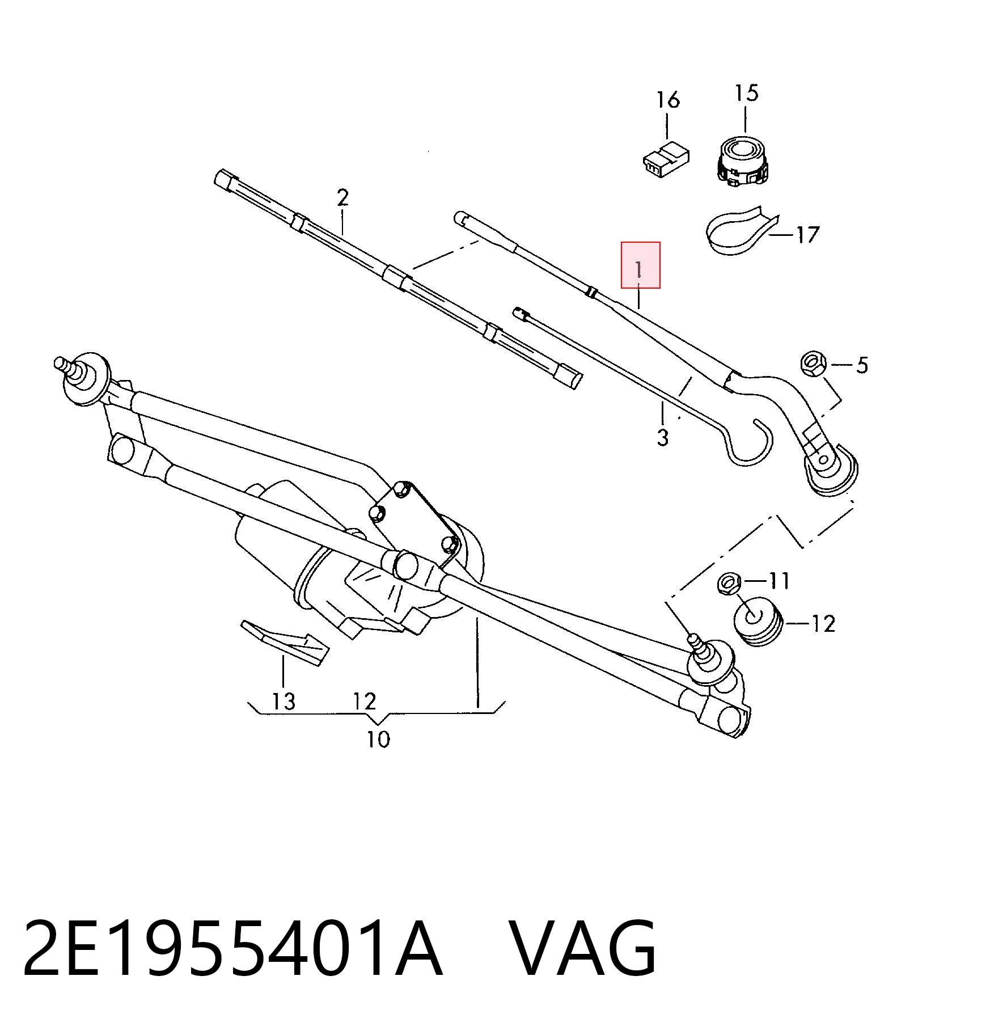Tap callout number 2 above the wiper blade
click(342, 198)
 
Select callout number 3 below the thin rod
click(663, 438)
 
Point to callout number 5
click(862, 365)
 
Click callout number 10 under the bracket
click(379, 740)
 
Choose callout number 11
click(779, 580)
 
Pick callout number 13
click(284, 702)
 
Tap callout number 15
click(746, 92)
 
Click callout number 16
click(668, 100)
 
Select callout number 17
click(807, 234)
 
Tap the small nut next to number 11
click(729, 582)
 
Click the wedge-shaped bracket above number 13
click(284, 643)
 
